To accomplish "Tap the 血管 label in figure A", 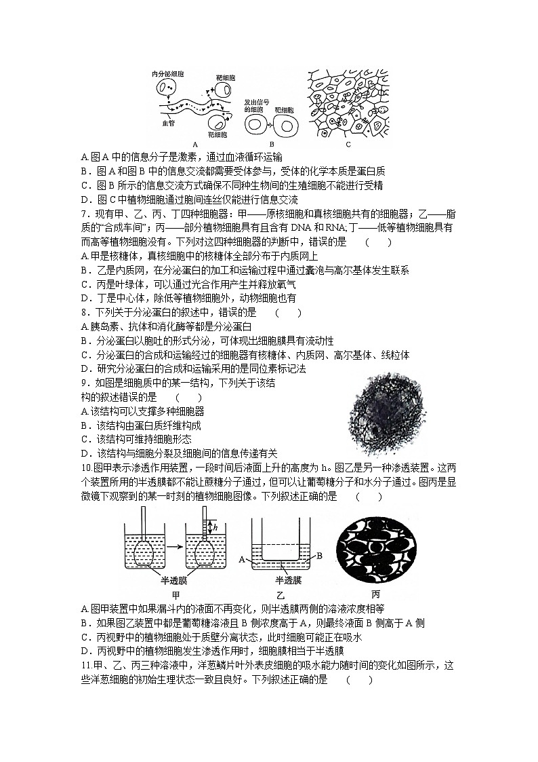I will point(167,123).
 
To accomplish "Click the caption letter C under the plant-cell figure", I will point(348,144).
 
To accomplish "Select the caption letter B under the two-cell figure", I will point(271,144).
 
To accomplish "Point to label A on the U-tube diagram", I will point(242,559).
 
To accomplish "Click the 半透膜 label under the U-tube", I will point(288,581).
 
